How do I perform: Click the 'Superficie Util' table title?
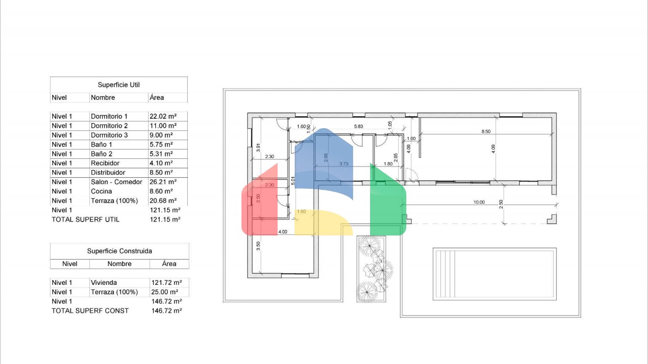coord(119,85)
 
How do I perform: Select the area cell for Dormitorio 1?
coord(163,116)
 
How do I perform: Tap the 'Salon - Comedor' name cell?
coord(116,182)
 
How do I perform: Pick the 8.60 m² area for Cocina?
coord(161,191)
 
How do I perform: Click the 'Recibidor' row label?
coord(105,163)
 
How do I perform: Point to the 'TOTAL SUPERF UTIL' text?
coord(85,219)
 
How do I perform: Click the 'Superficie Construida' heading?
coord(119,251)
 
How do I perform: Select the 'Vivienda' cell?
coord(104,283)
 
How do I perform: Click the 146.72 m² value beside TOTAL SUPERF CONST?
coord(167,311)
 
